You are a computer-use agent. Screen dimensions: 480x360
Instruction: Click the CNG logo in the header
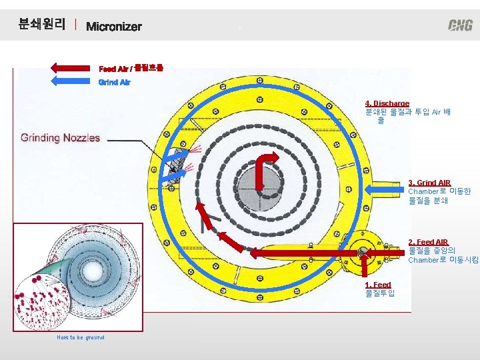[460, 25]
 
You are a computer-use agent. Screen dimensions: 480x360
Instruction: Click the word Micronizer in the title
[114, 27]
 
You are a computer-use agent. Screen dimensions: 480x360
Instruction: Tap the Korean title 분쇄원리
[42, 25]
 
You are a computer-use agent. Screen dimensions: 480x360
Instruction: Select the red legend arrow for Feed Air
[72, 67]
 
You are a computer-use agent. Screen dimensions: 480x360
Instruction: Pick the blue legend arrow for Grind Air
[72, 82]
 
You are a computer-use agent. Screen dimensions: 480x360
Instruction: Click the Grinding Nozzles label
[61, 138]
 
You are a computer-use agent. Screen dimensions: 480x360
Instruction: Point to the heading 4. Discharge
[387, 103]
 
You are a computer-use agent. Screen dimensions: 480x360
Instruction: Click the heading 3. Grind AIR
[429, 183]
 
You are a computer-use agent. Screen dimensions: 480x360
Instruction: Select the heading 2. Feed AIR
[428, 242]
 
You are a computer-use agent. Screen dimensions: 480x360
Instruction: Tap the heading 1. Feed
[378, 285]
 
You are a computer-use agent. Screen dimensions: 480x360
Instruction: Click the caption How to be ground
[81, 337]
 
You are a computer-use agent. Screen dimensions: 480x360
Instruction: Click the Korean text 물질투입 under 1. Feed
[380, 293]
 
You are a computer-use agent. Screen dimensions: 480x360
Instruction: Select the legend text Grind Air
[115, 82]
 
